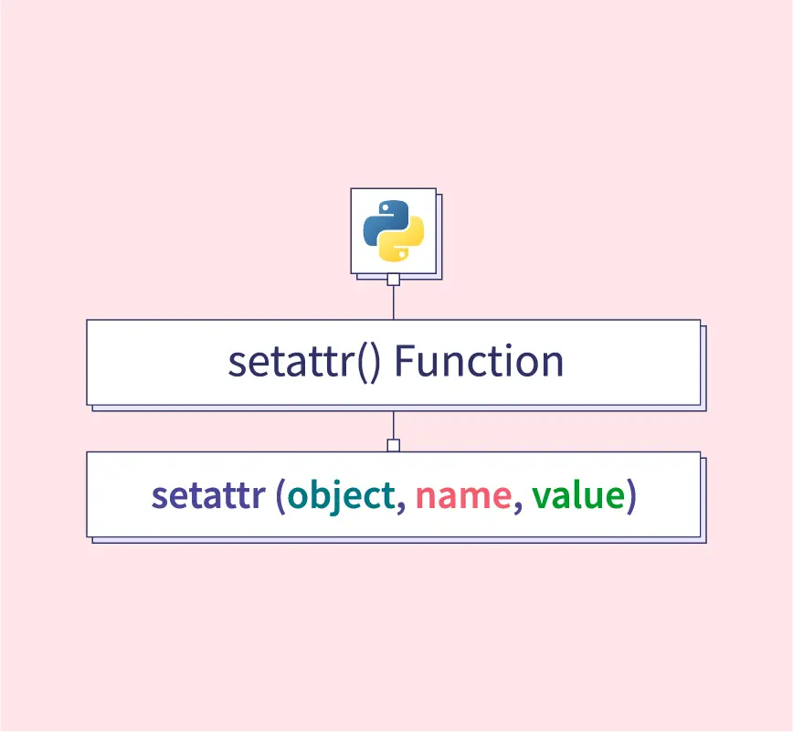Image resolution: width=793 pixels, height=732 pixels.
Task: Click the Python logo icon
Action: tap(394, 231)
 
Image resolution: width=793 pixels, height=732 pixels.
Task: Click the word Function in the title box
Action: tap(479, 361)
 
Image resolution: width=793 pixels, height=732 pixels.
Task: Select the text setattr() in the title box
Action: tap(304, 362)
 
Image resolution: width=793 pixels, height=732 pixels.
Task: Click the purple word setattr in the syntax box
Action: tap(208, 495)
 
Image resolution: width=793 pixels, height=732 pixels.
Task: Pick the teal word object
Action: tap(342, 496)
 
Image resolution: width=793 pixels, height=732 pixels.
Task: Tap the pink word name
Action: tap(463, 496)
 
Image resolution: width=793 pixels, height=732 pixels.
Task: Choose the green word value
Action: tap(578, 494)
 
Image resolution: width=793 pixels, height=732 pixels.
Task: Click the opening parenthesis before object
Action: tap(280, 496)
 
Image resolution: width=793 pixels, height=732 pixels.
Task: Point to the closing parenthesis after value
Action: tap(631, 496)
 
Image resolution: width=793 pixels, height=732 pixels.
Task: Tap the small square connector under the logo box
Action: tap(394, 280)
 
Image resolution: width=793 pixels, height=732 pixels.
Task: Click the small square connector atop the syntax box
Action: tap(394, 445)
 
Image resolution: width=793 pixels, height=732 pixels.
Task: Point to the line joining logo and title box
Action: tap(394, 302)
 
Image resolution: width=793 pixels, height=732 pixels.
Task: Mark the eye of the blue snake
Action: tap(386, 207)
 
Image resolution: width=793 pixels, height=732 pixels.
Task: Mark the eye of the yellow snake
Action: tap(402, 254)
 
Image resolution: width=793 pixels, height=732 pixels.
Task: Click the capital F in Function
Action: tap(406, 361)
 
